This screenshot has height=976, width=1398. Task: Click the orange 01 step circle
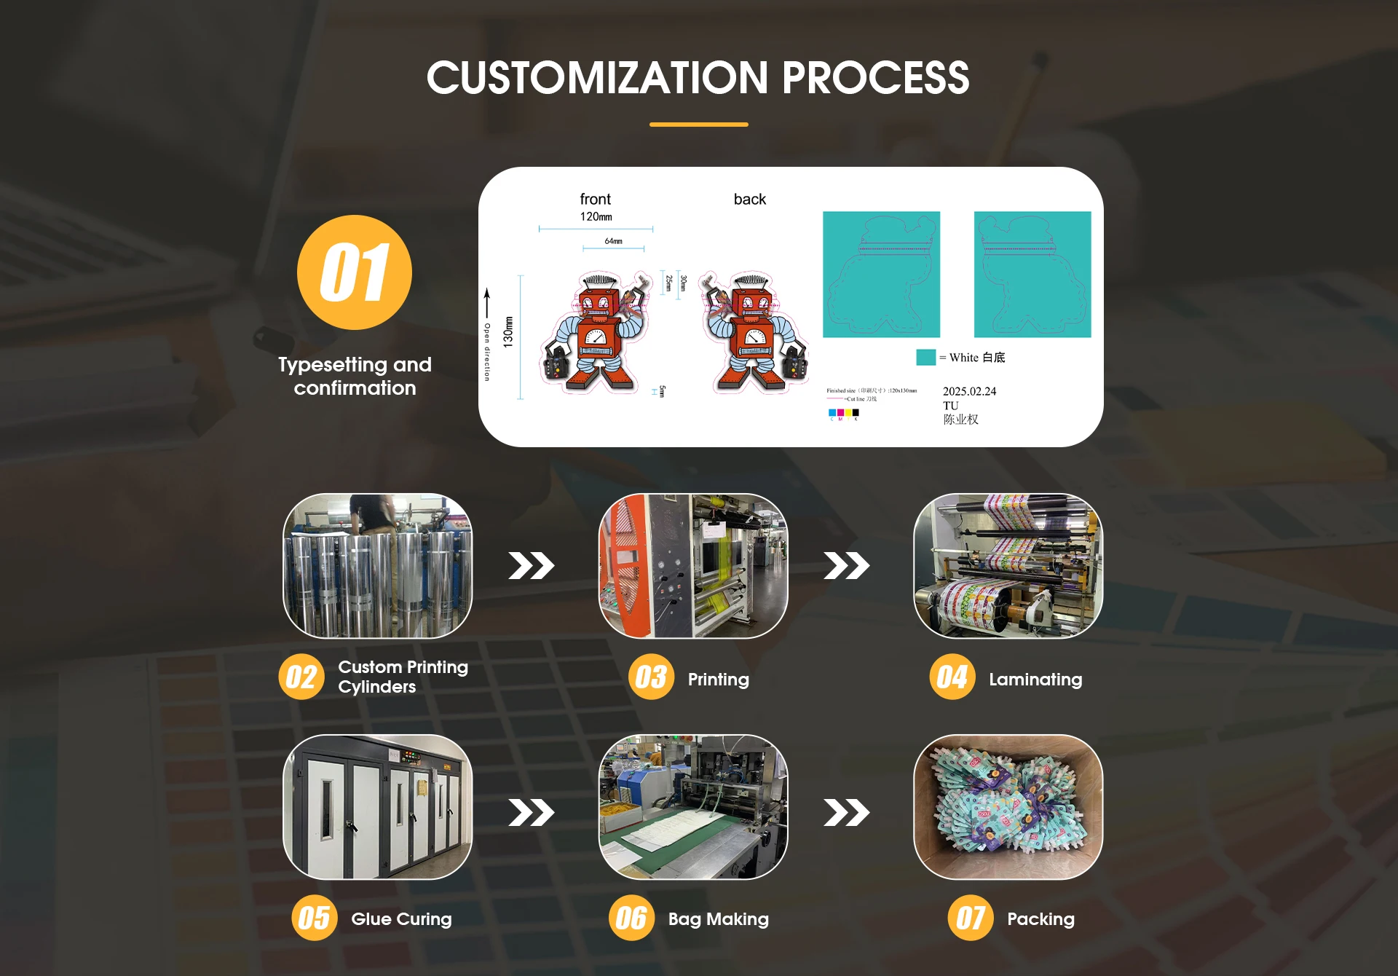coord(355,272)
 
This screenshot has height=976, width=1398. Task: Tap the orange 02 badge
coord(301,677)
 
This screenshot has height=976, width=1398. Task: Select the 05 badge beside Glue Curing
coord(314,918)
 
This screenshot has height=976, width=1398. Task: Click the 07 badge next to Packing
coord(970,918)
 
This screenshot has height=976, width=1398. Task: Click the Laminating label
coord(1035,679)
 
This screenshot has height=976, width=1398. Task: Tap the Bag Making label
coord(718,918)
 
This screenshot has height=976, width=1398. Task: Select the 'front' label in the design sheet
coord(595,199)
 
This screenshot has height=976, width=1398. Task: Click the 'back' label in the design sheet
coord(749,199)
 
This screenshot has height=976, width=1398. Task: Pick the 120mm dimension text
coord(596,216)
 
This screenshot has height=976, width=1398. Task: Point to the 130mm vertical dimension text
coord(508,331)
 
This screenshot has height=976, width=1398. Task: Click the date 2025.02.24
coord(969,391)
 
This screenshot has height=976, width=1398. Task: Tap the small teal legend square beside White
coord(925,357)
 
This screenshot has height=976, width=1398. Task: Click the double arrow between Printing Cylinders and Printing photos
coord(532,565)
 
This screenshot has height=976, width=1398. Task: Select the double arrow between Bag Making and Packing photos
coord(846,812)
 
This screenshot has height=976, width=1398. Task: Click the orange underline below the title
coord(698,125)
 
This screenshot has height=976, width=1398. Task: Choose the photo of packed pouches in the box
coord(1008,807)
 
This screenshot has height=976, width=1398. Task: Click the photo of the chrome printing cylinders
coord(377,566)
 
